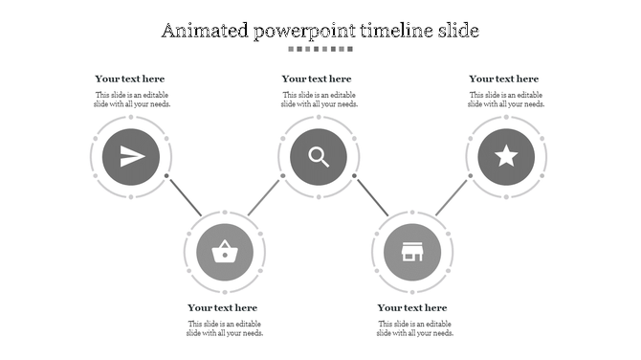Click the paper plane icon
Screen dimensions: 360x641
(x=131, y=156)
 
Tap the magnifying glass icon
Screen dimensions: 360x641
(x=319, y=156)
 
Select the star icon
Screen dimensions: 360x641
(x=506, y=156)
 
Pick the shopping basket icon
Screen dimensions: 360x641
(x=225, y=253)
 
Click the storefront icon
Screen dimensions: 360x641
(x=412, y=253)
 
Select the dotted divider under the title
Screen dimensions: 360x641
(x=320, y=49)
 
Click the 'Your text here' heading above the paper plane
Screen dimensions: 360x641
(x=130, y=79)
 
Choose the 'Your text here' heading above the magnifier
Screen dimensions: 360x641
(x=317, y=79)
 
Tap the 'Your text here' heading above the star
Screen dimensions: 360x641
(x=504, y=79)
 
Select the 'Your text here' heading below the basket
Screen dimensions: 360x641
(x=223, y=307)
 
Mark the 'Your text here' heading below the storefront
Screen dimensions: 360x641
(x=412, y=307)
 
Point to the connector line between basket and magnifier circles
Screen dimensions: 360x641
(x=264, y=197)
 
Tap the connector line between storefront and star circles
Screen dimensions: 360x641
(x=452, y=197)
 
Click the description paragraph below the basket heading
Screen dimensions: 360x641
(x=225, y=328)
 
